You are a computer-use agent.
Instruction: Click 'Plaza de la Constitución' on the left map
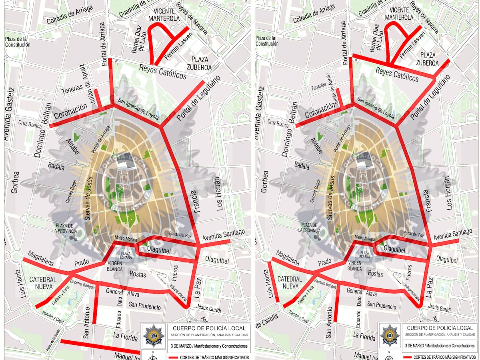click(18, 42)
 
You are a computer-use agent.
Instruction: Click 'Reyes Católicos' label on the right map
click(397, 74)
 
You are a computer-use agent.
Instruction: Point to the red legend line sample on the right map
click(407, 357)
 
